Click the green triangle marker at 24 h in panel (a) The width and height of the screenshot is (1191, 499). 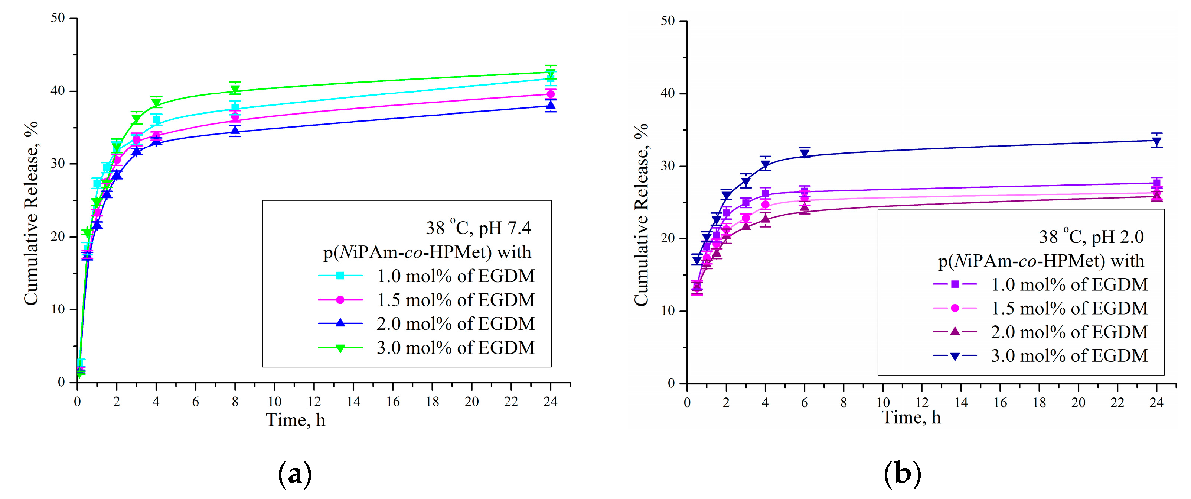point(550,74)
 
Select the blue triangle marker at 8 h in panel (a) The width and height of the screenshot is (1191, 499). point(235,131)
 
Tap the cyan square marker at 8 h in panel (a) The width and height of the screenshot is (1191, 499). point(235,108)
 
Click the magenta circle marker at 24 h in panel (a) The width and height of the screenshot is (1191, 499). point(550,94)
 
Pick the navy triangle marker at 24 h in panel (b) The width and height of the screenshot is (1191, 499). point(1156,142)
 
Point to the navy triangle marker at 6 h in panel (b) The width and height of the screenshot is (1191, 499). point(805,154)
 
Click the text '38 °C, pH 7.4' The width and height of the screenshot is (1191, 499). point(478,228)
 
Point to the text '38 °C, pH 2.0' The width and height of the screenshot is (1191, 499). point(1091,236)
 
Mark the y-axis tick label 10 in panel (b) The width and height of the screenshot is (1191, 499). point(668,310)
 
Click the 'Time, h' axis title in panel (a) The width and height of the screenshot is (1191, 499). point(296,420)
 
